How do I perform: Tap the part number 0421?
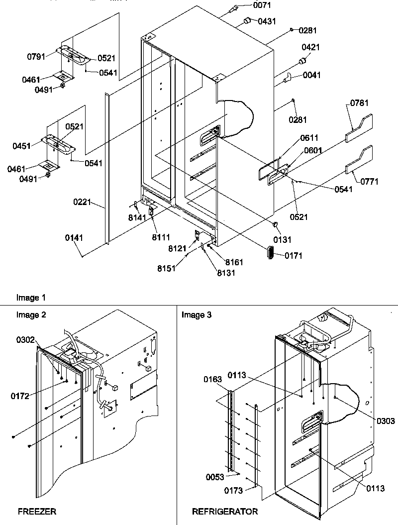311,48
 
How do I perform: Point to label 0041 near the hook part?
312,75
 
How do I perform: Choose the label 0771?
369,182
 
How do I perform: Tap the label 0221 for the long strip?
83,203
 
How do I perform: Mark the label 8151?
181,268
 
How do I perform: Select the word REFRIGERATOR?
225,512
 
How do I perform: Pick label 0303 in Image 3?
385,421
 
